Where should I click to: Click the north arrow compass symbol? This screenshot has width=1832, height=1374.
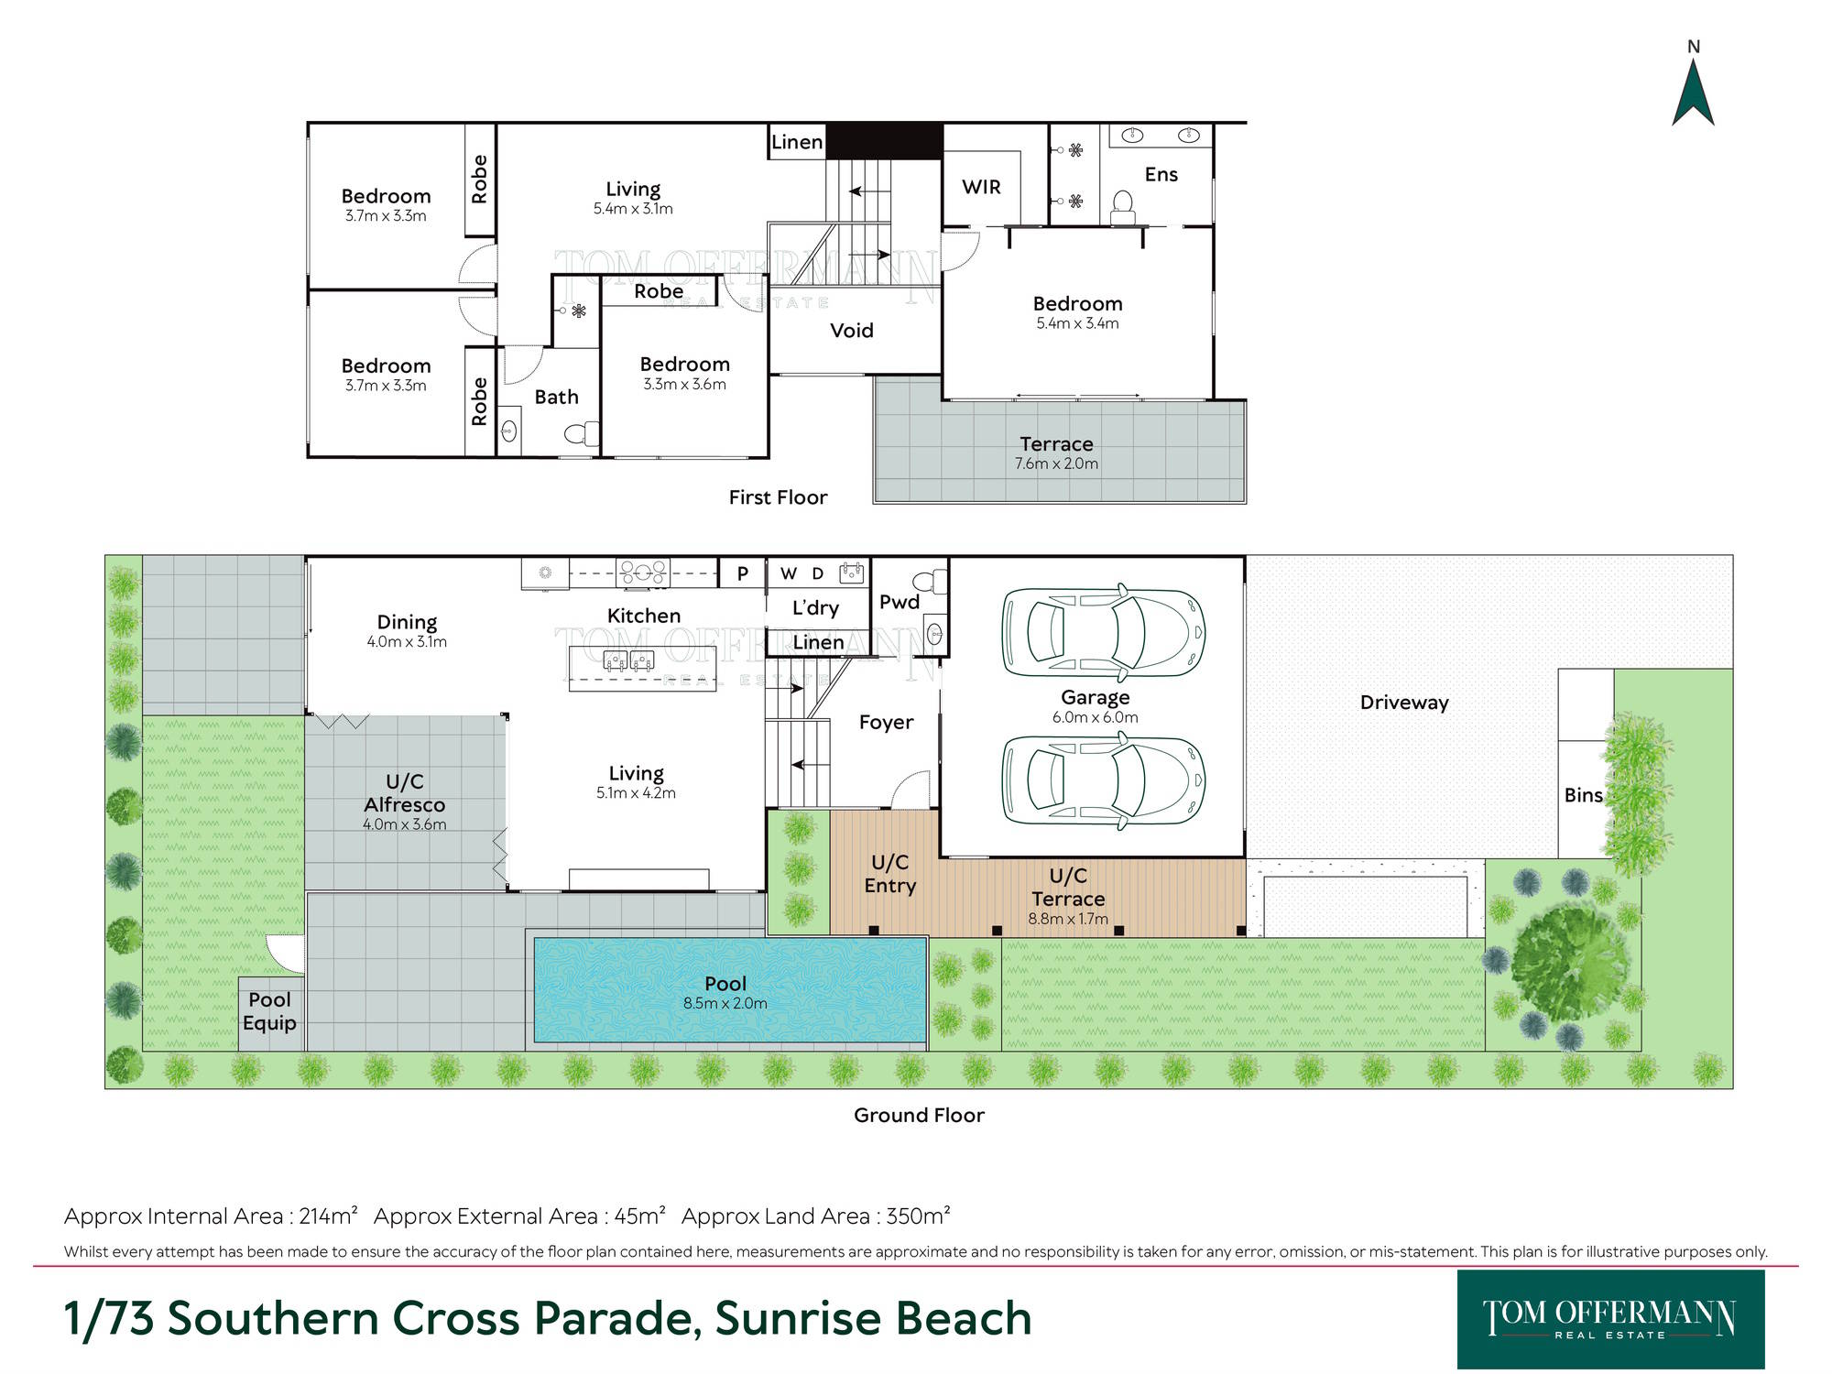pyautogui.click(x=1693, y=92)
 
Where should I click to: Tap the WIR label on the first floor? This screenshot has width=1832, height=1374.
pyautogui.click(x=981, y=187)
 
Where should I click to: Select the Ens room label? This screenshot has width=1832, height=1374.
pyautogui.click(x=1161, y=174)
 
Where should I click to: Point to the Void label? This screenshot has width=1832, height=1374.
pyautogui.click(x=852, y=331)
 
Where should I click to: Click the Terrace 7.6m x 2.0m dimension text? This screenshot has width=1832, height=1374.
pyautogui.click(x=1056, y=463)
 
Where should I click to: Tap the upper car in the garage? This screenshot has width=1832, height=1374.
pyautogui.click(x=1103, y=632)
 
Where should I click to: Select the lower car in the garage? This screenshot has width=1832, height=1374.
pyautogui.click(x=1103, y=780)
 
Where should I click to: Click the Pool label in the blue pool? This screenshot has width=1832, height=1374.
pyautogui.click(x=725, y=984)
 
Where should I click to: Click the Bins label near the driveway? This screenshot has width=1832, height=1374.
pyautogui.click(x=1583, y=795)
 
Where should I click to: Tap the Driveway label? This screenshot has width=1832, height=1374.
pyautogui.click(x=1404, y=703)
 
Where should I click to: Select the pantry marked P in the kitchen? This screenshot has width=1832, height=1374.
pyautogui.click(x=742, y=573)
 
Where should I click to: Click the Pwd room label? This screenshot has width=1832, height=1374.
pyautogui.click(x=899, y=602)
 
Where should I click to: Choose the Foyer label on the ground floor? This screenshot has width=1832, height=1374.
pyautogui.click(x=886, y=723)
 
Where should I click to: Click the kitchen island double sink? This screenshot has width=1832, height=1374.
pyautogui.click(x=628, y=660)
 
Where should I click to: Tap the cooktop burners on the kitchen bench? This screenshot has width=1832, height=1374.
pyautogui.click(x=643, y=572)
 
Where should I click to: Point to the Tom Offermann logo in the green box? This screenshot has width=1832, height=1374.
pyautogui.click(x=1610, y=1319)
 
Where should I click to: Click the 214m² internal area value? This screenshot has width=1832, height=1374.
pyautogui.click(x=328, y=1216)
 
